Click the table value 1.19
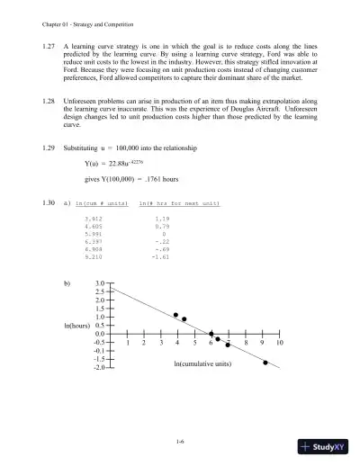(162, 219)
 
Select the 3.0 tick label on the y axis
(100, 283)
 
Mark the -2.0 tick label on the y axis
(99, 367)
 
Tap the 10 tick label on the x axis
(280, 344)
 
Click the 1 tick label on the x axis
(130, 344)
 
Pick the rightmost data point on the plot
(265, 362)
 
